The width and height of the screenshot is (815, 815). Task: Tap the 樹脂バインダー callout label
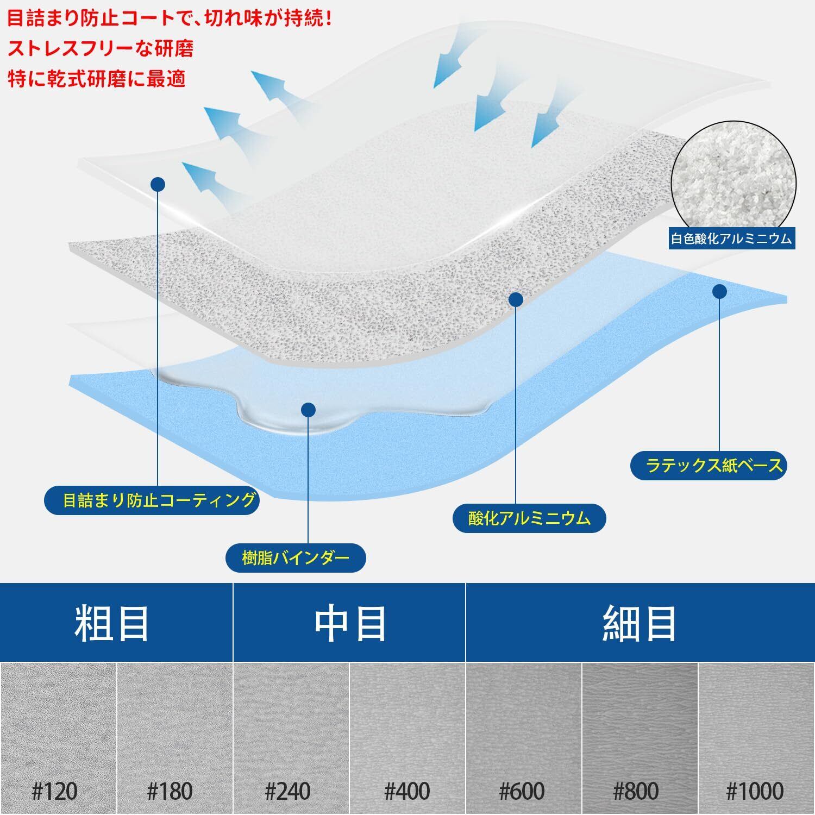point(296,558)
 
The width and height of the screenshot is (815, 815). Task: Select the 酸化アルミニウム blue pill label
point(529,518)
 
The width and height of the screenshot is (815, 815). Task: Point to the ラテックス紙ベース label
point(709,465)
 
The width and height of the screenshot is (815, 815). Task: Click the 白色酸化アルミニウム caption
point(731,239)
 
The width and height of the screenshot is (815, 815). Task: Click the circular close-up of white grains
point(733,177)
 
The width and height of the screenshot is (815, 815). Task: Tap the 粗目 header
point(111,624)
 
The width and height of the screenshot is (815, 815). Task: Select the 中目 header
point(350,624)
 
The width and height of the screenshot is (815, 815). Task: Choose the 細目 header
point(640,624)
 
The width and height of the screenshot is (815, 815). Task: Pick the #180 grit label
point(170,792)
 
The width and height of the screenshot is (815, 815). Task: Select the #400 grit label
point(407,792)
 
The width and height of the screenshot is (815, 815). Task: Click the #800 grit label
point(636,792)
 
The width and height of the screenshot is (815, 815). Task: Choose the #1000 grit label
point(755,792)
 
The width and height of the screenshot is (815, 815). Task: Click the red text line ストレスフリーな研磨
point(101,49)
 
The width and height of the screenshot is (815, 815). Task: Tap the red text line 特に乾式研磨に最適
point(97,79)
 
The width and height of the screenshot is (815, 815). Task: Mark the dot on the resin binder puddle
point(308,409)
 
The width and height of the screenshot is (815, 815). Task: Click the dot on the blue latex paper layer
point(719,292)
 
